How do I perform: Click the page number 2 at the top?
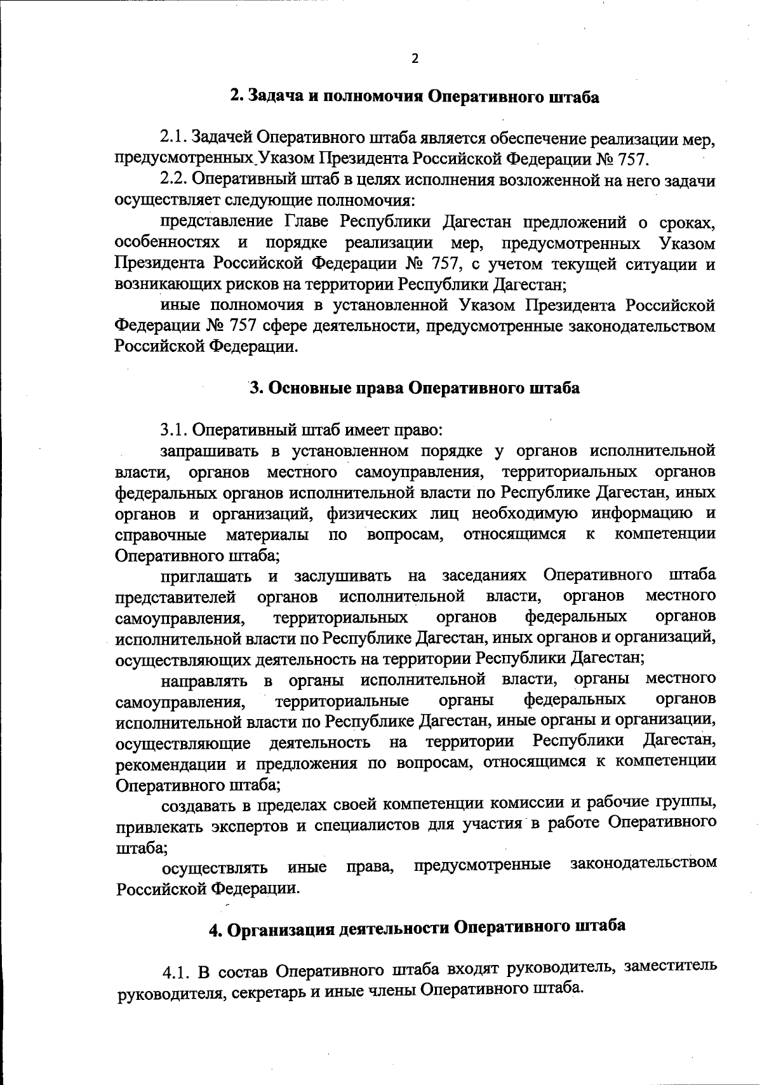415,58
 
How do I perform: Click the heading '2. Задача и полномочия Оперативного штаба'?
414,97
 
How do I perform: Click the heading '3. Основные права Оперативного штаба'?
414,388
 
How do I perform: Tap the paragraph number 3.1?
173,430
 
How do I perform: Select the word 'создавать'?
197,805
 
